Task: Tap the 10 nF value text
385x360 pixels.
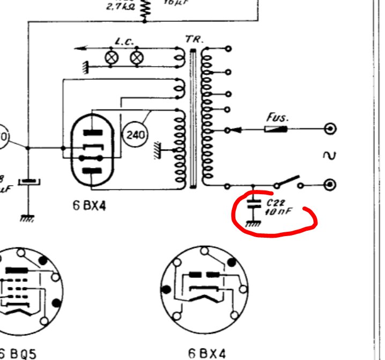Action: pos(278,212)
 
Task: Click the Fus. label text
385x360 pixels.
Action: pos(277,117)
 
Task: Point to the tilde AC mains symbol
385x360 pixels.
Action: pos(329,156)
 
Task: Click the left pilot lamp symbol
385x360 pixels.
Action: pos(112,57)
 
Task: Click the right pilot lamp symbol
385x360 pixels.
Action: pos(137,57)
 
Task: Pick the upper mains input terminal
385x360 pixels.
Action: pos(331,129)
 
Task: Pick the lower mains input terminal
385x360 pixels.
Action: pos(331,185)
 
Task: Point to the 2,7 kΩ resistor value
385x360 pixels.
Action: pos(121,7)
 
